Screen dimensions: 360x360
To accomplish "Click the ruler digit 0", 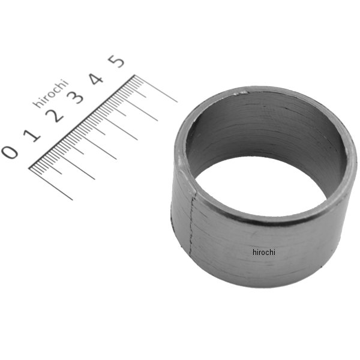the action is click(10, 152).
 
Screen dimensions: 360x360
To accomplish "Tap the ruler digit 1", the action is click(32, 136).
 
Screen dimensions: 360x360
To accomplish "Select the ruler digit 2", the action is click(54, 116).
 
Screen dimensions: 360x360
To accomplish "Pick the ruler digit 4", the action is click(96, 79).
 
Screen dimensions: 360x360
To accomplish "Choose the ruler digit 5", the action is click(116, 61).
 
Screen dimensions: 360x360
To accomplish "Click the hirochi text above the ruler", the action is click(51, 93).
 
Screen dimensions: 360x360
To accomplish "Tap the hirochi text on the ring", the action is click(264, 253).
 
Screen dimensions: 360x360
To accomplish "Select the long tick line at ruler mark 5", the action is click(156, 88).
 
